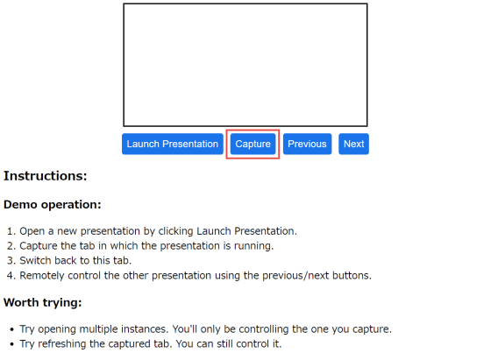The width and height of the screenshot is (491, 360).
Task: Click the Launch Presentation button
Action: (x=173, y=144)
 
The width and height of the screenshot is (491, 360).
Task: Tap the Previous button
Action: (x=307, y=144)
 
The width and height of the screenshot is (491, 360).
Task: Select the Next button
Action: (x=353, y=144)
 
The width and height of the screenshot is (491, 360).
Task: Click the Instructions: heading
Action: (x=45, y=176)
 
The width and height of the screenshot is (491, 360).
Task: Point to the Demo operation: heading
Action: (x=53, y=205)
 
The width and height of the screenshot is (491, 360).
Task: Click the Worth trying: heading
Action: (x=43, y=303)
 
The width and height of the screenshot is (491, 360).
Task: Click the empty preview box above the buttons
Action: (x=245, y=65)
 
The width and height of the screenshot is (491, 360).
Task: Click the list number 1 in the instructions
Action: (x=11, y=231)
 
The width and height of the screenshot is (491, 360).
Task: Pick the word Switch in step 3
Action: (x=34, y=260)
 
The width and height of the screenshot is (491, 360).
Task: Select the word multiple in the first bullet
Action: (x=98, y=329)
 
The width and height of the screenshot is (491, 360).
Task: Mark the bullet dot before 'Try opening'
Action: (x=12, y=329)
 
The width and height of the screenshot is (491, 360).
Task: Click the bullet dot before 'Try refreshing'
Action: (x=12, y=344)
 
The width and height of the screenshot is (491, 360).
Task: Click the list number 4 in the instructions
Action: (x=11, y=276)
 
